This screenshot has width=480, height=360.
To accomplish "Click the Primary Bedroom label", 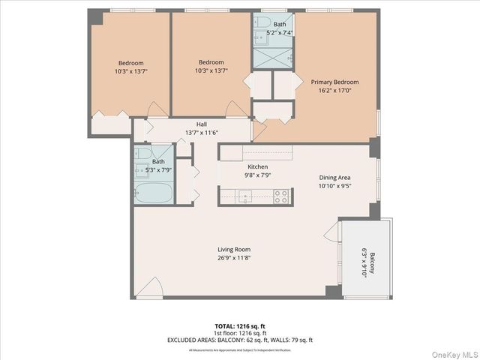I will coord(335,82).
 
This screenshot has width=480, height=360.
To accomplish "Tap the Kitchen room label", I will coord(257,166).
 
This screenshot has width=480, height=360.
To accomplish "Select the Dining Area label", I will coord(334,178).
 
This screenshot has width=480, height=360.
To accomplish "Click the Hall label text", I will coord(202,124).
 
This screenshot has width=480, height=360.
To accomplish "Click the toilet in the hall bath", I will coord(141,154).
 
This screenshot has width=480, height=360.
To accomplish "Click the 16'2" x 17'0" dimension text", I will coord(335,91).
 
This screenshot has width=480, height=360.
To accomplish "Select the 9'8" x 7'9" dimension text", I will coord(257,175).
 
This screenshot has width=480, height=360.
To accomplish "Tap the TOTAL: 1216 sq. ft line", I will coord(239,326).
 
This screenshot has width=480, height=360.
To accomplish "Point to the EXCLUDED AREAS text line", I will coord(239,340).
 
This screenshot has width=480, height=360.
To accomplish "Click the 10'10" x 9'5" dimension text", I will coord(334,187).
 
